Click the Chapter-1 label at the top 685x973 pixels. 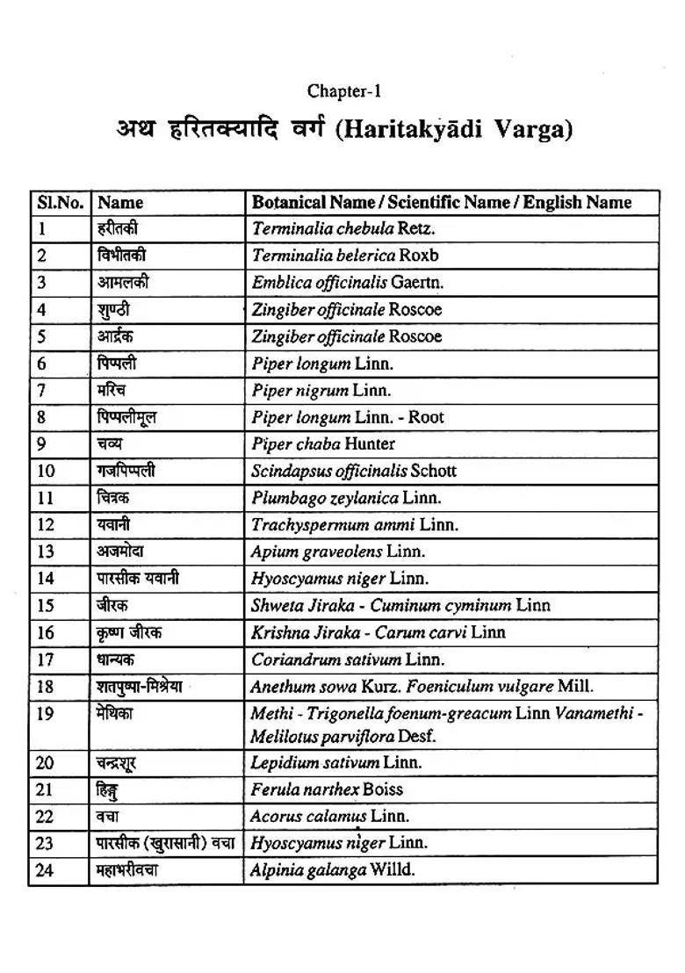point(343,91)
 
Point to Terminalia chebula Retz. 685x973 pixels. point(343,229)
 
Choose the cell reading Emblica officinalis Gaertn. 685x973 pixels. point(348,283)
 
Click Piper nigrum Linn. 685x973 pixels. point(321,390)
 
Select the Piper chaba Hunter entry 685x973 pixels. point(323,444)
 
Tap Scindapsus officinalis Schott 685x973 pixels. point(354,471)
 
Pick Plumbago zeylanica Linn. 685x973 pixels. point(346,498)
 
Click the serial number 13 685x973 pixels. point(46,551)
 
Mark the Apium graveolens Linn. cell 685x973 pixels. point(337,551)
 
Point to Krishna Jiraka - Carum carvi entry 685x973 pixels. point(378,632)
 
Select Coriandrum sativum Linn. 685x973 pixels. point(348,659)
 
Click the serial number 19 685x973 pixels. point(46,714)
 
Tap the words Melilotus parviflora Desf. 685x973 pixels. point(355,737)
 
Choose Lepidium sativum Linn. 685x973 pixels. point(335,762)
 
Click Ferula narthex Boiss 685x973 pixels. point(327,789)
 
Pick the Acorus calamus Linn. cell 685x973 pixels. point(329,817)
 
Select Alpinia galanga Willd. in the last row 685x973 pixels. point(332,870)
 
